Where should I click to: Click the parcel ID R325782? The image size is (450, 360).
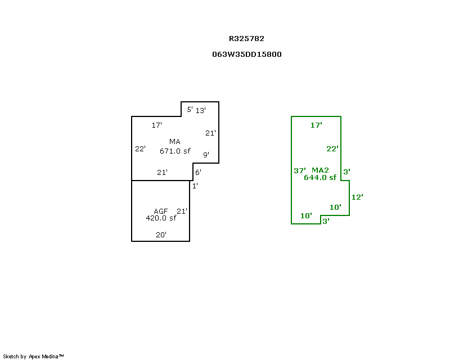(246, 39)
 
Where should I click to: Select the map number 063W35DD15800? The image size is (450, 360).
(246, 55)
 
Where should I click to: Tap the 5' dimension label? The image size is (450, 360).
(190, 110)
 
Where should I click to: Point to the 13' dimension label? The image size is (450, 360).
(201, 110)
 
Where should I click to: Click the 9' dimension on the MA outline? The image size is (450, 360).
(206, 155)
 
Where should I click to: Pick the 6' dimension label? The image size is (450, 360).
(198, 173)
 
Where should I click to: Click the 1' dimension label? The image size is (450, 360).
(195, 186)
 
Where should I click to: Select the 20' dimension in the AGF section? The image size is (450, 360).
(161, 235)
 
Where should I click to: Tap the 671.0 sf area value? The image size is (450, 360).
(175, 151)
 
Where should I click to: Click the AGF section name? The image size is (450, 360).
(161, 211)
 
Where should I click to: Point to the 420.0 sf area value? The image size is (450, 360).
(161, 218)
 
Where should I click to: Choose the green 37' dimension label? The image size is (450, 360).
(300, 170)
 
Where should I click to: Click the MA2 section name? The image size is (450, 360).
(320, 170)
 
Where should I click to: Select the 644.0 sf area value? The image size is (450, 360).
(320, 178)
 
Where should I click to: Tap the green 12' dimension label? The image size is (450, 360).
(357, 197)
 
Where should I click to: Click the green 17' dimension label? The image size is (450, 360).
(316, 125)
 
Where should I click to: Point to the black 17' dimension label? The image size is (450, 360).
(157, 125)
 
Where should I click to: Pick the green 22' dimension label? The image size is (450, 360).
(332, 148)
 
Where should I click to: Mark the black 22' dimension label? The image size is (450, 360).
(141, 149)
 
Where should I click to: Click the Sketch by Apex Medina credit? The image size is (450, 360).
(33, 356)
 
